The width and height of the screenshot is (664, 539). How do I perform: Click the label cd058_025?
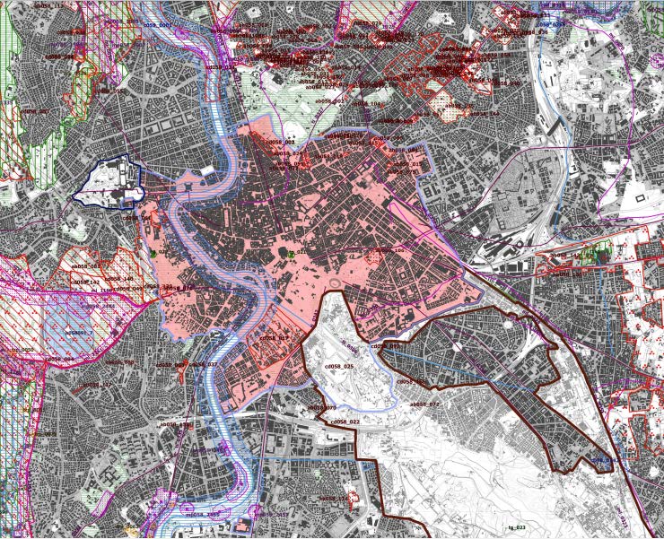click(338, 367)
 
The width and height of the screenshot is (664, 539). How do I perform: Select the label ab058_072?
click(425, 404)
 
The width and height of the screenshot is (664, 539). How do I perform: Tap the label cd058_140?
click(119, 278)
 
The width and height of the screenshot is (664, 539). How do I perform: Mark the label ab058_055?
click(113, 90)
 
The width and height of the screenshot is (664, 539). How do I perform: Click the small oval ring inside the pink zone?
click(336, 284)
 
